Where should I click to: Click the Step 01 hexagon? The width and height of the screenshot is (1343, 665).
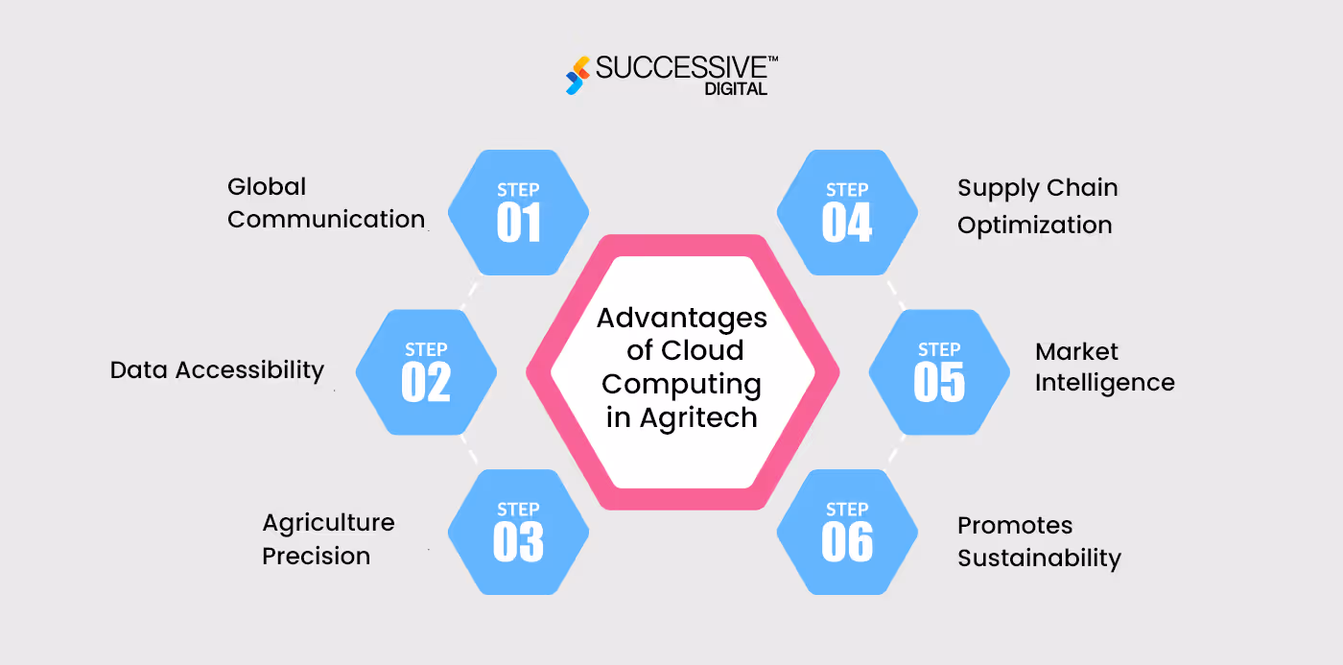(518, 212)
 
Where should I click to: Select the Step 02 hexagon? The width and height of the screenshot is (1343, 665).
(426, 372)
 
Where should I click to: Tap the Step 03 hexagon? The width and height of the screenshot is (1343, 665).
(518, 532)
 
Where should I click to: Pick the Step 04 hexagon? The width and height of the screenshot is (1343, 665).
(847, 212)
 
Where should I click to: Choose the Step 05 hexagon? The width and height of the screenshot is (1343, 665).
(939, 372)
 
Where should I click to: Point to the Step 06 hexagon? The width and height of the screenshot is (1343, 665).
(847, 532)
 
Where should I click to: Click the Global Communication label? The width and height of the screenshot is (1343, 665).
(325, 202)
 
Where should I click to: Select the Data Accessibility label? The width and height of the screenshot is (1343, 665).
(217, 369)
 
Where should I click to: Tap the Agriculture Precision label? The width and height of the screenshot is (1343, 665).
(328, 539)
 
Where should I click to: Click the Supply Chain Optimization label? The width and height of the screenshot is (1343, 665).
(1037, 205)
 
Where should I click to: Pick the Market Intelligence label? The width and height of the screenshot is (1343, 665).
(1104, 367)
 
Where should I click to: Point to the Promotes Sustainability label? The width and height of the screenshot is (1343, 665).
(1039, 541)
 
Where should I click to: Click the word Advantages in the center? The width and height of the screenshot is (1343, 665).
(682, 318)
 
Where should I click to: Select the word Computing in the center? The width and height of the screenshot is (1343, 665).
(682, 384)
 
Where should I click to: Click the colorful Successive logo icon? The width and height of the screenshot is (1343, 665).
(576, 75)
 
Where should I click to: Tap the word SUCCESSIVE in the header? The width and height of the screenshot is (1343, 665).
(680, 67)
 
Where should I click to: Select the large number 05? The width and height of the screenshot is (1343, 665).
(939, 382)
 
